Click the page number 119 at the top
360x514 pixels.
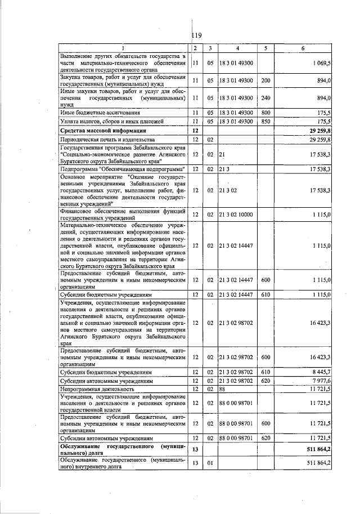pyautogui.click(x=196, y=35)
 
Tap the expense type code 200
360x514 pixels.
pyautogui.click(x=265, y=81)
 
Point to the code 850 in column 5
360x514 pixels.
pyautogui.click(x=265, y=121)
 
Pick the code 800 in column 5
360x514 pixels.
pyautogui.click(x=265, y=113)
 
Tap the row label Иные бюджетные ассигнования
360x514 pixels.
pyautogui.click(x=93, y=113)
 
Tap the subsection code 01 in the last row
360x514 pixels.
pyautogui.click(x=209, y=463)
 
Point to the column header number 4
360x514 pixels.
pyautogui.click(x=237, y=48)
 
